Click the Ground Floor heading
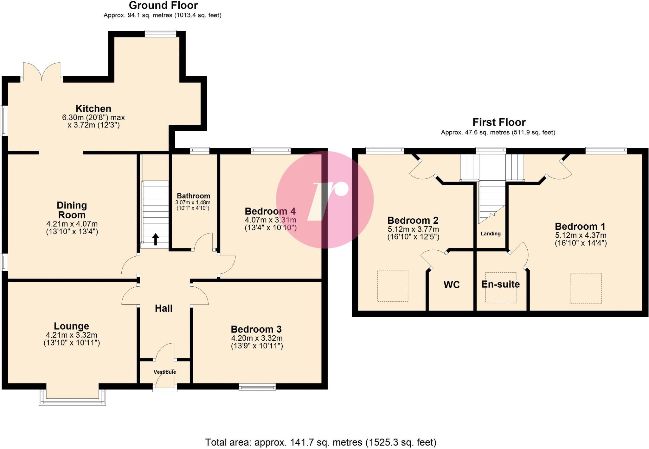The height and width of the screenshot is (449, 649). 163,5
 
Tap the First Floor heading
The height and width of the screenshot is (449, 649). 499,122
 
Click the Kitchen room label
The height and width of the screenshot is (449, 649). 93,109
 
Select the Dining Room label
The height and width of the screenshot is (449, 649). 72,210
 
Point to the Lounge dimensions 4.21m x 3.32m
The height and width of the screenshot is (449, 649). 72,335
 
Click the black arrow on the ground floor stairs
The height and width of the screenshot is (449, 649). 156,239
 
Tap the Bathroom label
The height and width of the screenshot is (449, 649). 193,196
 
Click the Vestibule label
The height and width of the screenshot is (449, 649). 165,372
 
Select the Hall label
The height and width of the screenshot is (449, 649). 164,308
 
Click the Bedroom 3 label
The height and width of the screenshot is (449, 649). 256,329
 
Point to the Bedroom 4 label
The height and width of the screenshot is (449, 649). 270,211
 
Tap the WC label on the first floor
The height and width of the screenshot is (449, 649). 452,285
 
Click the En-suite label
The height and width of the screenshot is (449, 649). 500,284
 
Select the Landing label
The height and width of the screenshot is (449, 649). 491,234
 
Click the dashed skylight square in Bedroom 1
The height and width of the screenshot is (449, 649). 586,288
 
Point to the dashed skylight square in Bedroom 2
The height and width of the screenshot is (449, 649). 392,286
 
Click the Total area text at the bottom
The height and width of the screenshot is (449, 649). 321,442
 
